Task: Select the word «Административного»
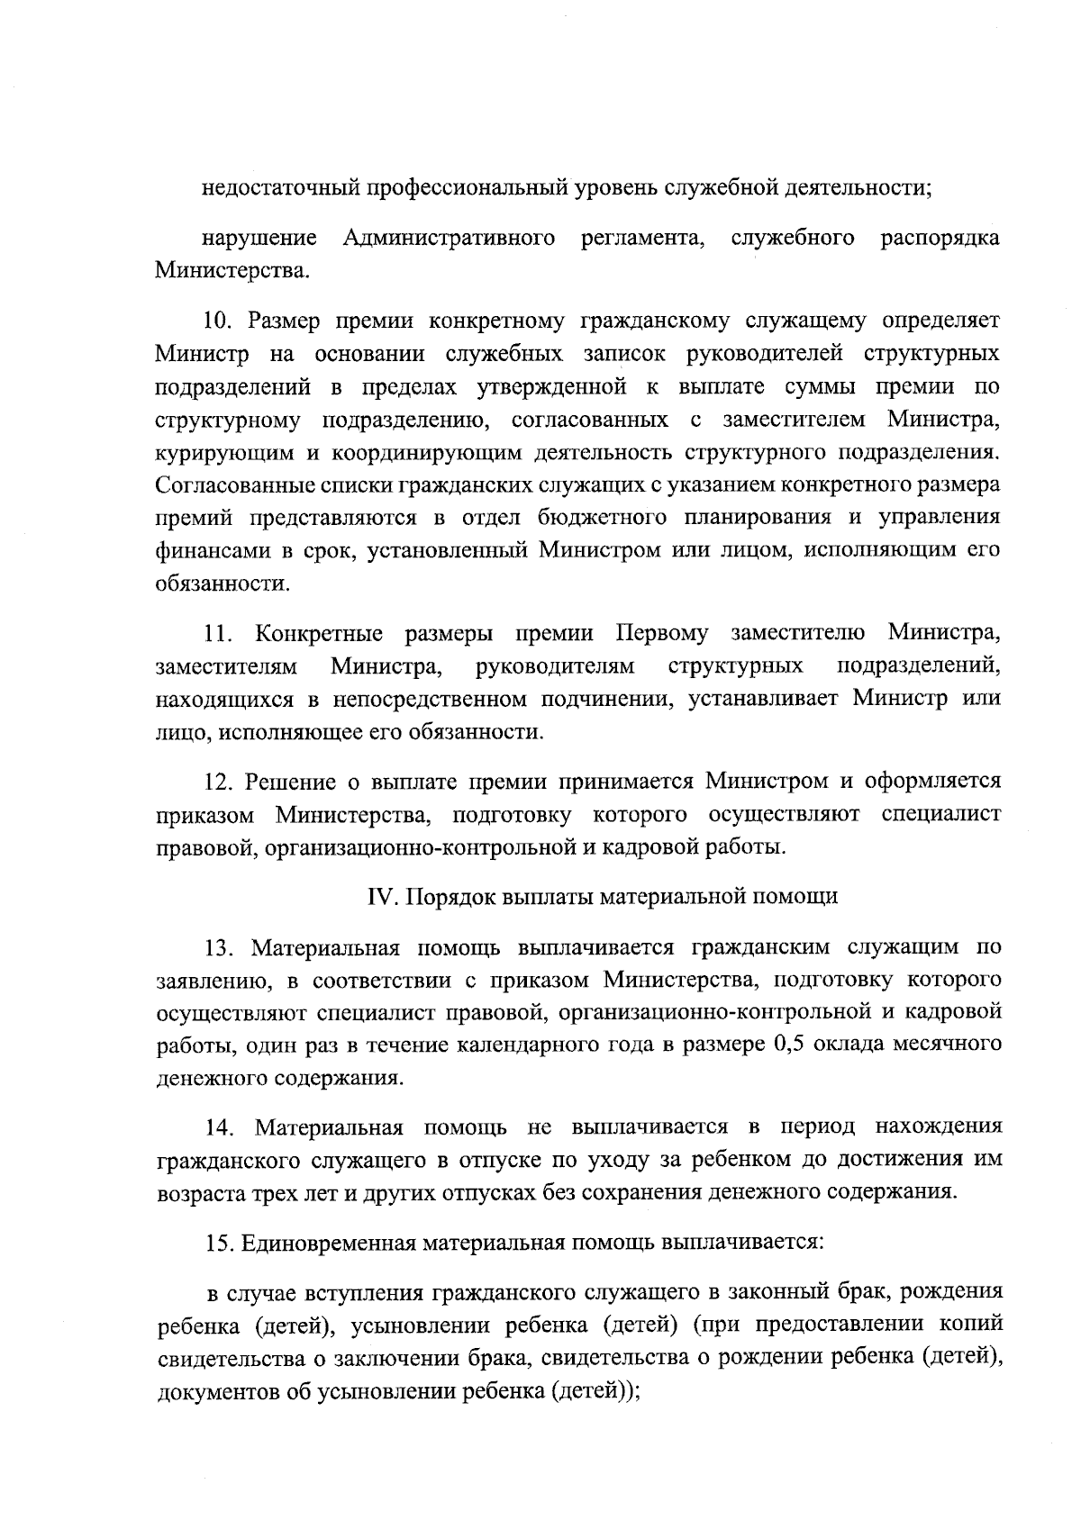(x=449, y=238)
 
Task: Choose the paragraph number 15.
(x=219, y=1244)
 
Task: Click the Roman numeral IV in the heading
(x=376, y=897)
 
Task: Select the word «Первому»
(x=662, y=633)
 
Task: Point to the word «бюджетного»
(x=587, y=517)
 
